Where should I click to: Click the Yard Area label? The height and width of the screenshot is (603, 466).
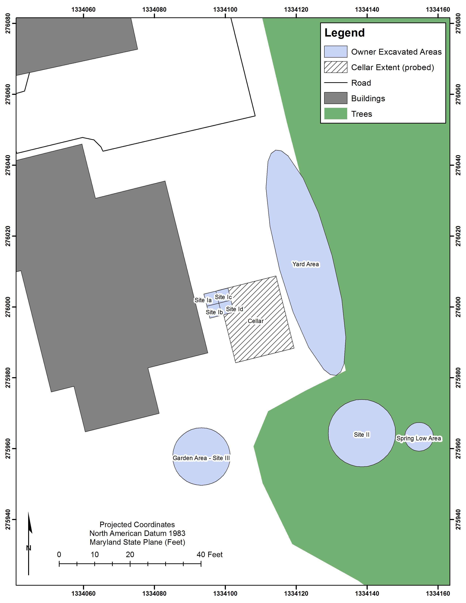[x=306, y=264]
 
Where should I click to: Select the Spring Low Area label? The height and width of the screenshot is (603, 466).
[x=419, y=438]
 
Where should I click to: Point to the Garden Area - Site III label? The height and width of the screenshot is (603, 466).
[x=201, y=458]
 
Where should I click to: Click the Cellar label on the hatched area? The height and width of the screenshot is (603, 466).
[x=256, y=321]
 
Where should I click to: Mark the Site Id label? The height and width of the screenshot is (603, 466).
[x=235, y=309]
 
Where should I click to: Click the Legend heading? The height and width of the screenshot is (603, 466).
[x=344, y=33]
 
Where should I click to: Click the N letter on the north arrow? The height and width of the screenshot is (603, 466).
[x=29, y=548]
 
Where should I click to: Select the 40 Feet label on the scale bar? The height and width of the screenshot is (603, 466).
[x=210, y=554]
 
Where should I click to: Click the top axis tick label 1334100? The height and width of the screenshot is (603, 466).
[x=225, y=10]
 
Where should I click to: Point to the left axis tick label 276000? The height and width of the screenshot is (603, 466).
[x=8, y=307]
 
